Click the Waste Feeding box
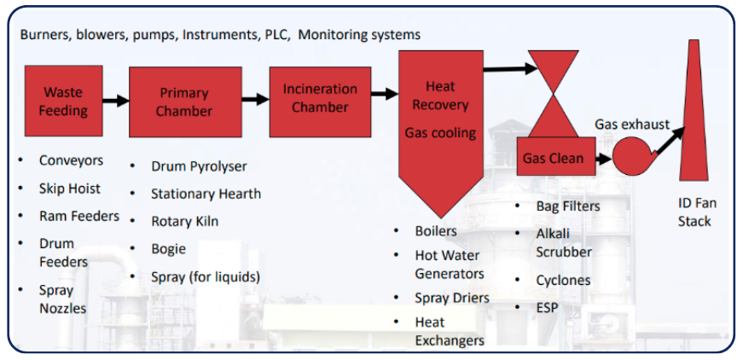coord(64,101)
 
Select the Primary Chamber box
coord(185,102)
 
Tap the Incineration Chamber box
coord(320,98)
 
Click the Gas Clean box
coord(554,158)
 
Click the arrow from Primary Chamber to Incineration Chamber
coord(255,99)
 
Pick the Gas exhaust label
coord(632,125)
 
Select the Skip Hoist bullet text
coord(70,189)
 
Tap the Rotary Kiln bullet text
coord(184,221)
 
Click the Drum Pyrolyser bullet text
coord(199,166)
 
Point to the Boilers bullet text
coord(436,231)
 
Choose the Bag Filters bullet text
coord(567,206)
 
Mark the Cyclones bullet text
coord(563,280)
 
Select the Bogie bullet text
coord(168,249)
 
